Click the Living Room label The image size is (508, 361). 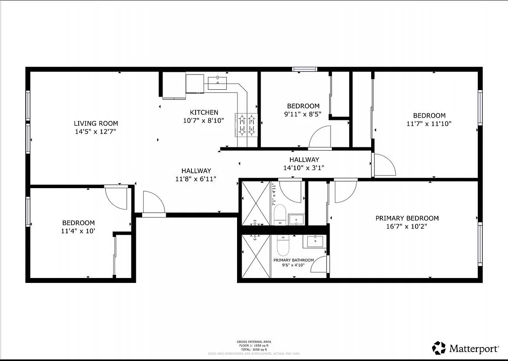coord(96,123)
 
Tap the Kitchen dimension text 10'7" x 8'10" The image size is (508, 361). coord(204,120)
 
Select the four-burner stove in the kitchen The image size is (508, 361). coord(246,125)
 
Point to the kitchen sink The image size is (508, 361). coord(219,82)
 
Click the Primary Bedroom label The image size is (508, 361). coord(407,218)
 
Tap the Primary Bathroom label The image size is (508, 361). coord(293,260)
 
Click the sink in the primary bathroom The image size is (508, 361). coord(315,241)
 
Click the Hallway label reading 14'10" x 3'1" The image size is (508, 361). coord(304,167)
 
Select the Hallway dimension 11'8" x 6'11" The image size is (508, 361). coord(196,179)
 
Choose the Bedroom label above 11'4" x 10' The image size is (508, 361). coord(78,222)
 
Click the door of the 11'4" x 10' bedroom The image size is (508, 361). coord(117,197)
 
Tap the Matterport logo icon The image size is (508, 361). coord(438,348)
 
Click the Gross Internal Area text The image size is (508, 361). coord(254,342)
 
